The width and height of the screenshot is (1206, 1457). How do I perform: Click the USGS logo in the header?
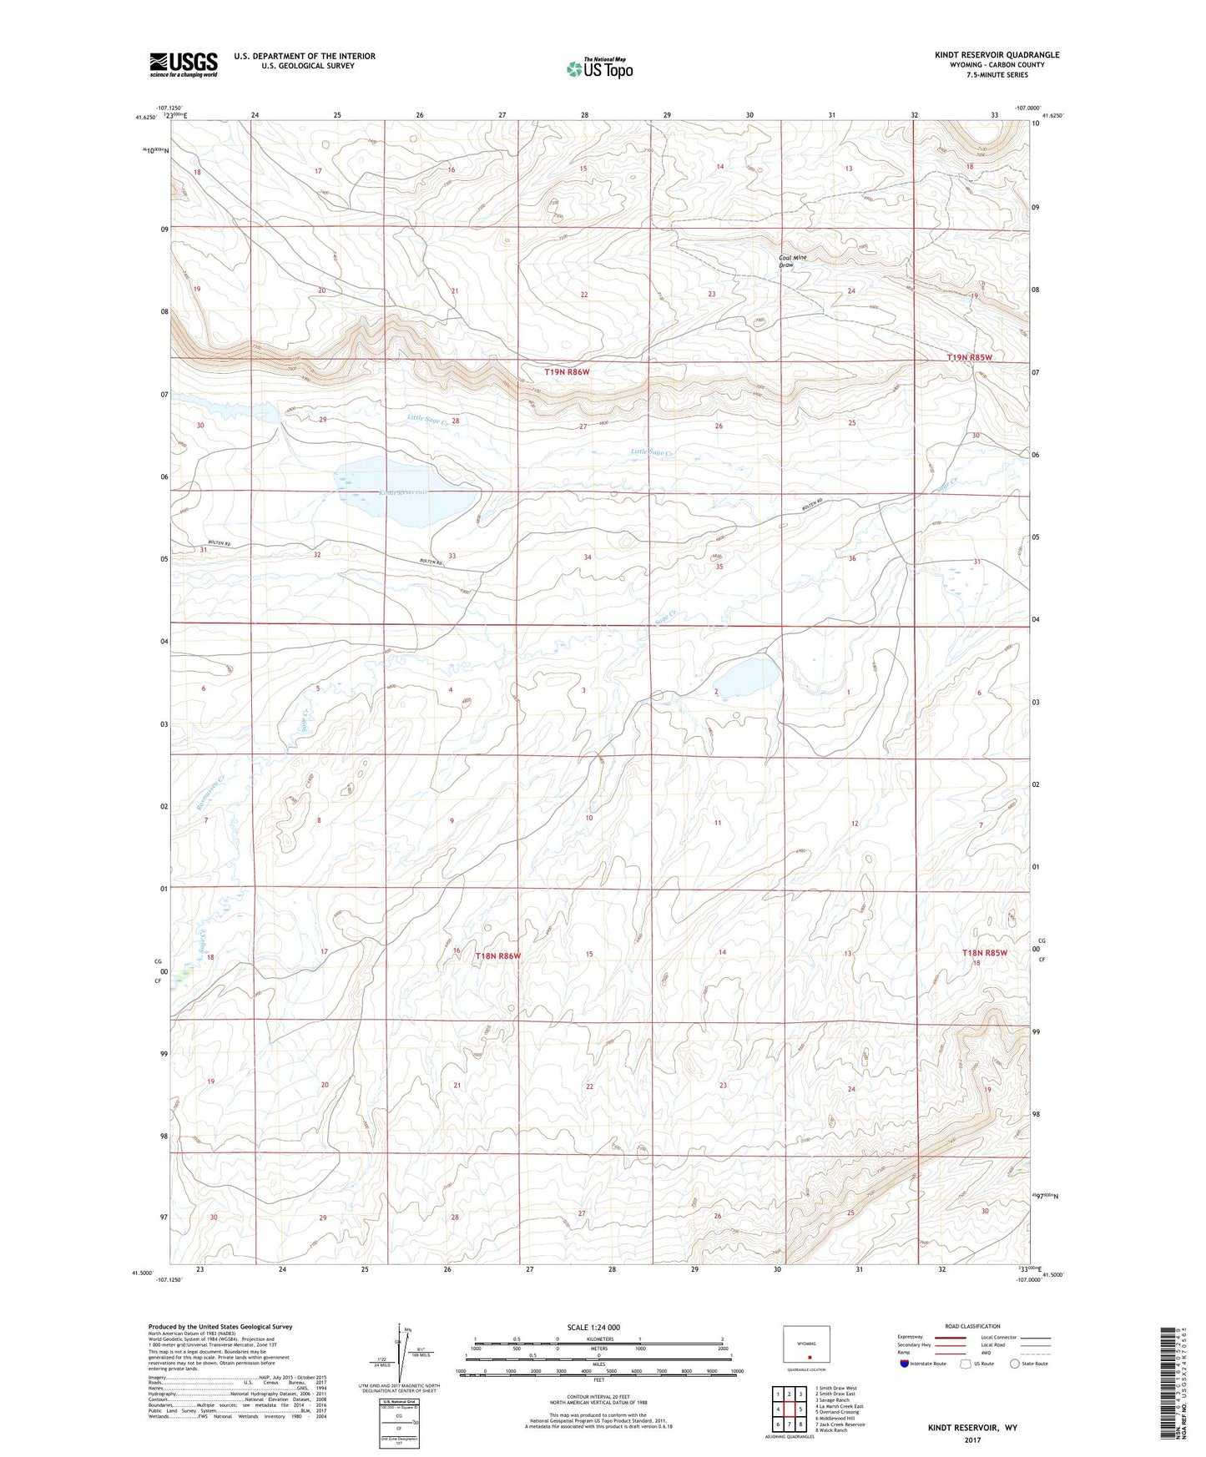tap(183, 64)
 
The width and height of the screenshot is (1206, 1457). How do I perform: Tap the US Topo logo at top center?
tap(598, 68)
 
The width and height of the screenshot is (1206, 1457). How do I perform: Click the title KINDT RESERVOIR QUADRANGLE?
tap(997, 55)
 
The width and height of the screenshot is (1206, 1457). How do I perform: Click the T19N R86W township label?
tap(573, 372)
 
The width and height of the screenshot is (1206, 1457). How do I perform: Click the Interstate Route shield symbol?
tap(904, 1364)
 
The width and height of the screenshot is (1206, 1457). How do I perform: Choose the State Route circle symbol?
tap(1015, 1364)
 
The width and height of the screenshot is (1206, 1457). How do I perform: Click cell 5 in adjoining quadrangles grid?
tap(800, 1409)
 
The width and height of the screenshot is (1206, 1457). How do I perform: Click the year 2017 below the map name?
tap(971, 1439)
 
